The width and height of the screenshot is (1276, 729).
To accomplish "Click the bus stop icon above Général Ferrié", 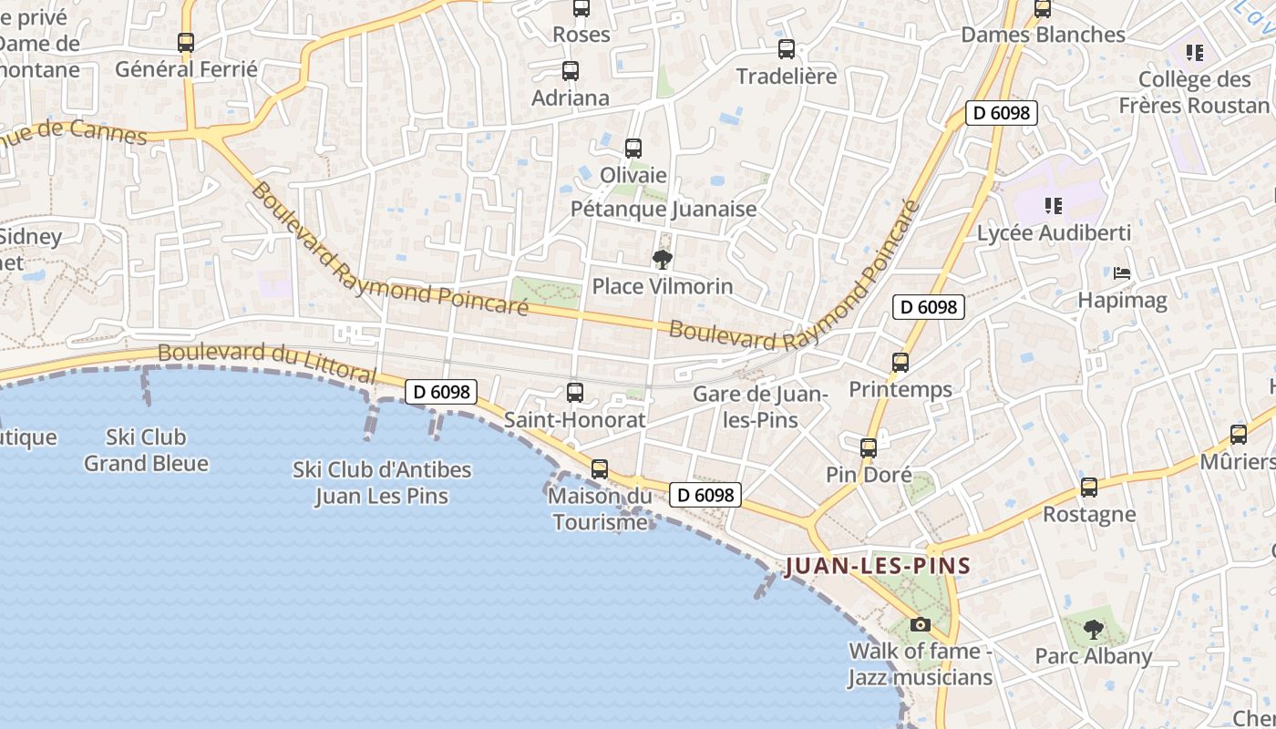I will point(186,42).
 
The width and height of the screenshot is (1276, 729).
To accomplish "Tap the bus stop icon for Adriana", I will point(571,70).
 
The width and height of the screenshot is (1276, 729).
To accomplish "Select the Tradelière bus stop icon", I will point(786,49).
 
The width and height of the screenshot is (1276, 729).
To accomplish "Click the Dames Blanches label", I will point(1044,35).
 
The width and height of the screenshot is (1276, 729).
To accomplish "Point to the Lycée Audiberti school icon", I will point(1054,206).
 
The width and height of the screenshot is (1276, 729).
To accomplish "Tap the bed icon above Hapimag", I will point(1122,272).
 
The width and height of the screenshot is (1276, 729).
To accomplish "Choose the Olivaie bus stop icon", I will point(633,148).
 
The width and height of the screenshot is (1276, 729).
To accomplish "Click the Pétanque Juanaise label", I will point(664,209).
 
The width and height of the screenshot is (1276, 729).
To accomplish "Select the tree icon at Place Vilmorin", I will point(663,260).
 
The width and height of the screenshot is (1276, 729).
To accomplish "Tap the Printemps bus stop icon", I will point(900,363).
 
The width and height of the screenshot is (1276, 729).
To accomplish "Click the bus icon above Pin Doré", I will point(869,448).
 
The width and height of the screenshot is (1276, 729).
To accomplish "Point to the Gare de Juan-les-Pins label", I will point(759,407).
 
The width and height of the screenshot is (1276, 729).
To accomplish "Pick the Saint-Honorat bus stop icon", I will point(575,393).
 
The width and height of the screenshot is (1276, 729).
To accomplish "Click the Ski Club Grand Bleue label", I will point(146,450).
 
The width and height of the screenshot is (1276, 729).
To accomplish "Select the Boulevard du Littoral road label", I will point(266,363).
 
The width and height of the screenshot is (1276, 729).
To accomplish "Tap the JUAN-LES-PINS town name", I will point(878,566).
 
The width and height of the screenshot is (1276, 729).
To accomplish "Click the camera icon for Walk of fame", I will point(921,624).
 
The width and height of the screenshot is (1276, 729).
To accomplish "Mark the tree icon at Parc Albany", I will point(1093,629).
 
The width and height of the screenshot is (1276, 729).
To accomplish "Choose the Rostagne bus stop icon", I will point(1089,488).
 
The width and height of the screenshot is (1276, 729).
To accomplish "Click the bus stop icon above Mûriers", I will point(1238,435).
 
